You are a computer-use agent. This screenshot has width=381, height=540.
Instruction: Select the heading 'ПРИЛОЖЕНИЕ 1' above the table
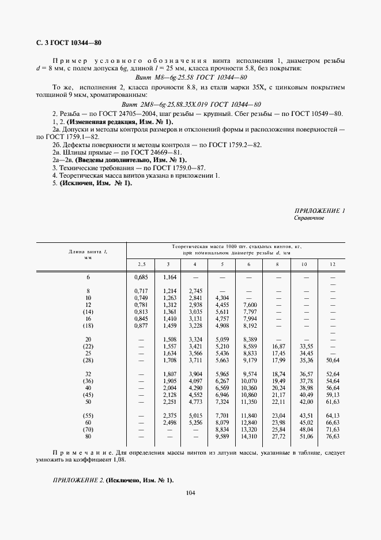pos(319,211)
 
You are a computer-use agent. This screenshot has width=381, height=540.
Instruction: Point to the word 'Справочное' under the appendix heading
pos(309,219)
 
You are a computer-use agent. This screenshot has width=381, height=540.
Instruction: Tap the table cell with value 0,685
pos(141,278)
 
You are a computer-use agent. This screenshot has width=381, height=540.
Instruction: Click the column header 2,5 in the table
pos(141,264)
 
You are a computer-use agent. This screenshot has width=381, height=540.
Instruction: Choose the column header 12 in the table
pos(332,264)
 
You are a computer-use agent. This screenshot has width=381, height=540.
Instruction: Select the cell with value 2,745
pos(195,290)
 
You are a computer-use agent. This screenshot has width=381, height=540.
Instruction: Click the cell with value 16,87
pos(278,346)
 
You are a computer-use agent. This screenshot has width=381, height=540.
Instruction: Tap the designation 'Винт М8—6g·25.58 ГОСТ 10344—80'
pos(191,77)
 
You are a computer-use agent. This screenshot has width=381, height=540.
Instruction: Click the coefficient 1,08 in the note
pos(119,460)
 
